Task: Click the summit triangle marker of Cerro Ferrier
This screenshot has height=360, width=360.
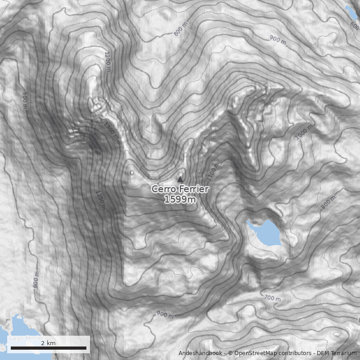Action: pyautogui.click(x=180, y=179)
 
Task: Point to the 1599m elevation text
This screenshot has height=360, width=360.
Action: pyautogui.click(x=180, y=199)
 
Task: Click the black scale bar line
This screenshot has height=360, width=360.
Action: pyautogui.click(x=48, y=348)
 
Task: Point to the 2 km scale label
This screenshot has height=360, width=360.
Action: pyautogui.click(x=48, y=343)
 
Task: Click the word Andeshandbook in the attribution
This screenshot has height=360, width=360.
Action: pyautogui.click(x=200, y=353)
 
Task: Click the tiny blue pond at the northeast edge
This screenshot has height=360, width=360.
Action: pyautogui.click(x=350, y=11)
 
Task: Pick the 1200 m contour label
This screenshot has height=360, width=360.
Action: pyautogui.click(x=108, y=61)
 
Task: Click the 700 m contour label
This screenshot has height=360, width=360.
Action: pyautogui.click(x=272, y=297)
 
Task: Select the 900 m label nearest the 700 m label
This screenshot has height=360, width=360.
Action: pyautogui.click(x=165, y=315)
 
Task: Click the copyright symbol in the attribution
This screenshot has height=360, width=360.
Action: pyautogui.click(x=230, y=353)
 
